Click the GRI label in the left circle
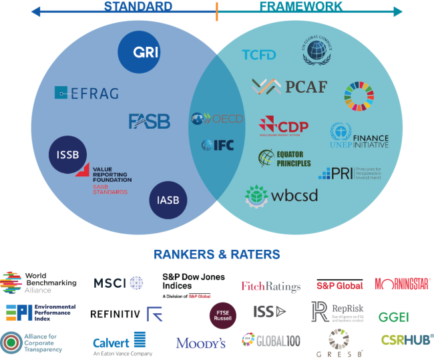point(146,52)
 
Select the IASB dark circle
point(168,200)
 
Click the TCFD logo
point(259,55)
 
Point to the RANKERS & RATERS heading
point(216,254)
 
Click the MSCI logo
point(118,283)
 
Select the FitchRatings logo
point(270,287)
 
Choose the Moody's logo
point(201,343)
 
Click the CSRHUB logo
point(406,340)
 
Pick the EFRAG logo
point(86,94)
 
